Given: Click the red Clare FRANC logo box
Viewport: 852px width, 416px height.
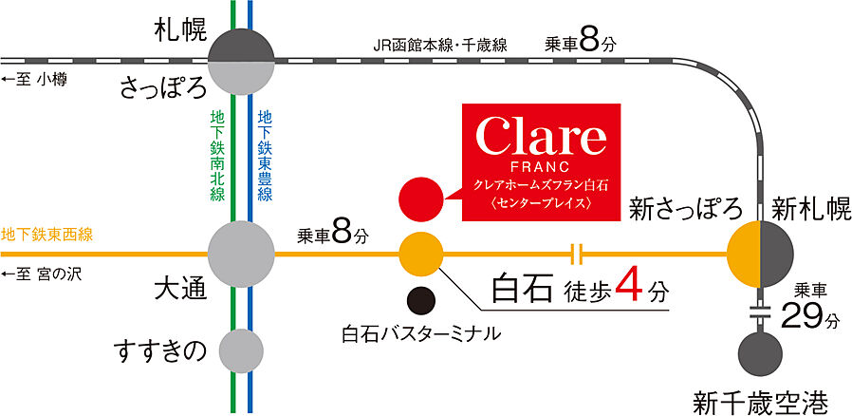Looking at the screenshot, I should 541,161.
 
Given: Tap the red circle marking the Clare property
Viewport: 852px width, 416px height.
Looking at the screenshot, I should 421,199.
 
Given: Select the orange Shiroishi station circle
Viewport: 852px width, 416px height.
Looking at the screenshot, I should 421,254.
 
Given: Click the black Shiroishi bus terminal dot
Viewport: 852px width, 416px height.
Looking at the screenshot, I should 421,301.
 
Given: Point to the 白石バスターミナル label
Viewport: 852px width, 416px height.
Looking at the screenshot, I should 421,335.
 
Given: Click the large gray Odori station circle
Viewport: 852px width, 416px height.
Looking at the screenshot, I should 241,254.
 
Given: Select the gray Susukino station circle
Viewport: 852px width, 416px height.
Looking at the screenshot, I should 241,351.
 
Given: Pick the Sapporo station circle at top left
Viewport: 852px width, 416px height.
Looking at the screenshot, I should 241,59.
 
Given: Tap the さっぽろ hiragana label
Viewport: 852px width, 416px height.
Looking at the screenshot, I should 163,87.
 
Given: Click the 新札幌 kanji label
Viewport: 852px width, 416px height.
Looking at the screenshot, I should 802,207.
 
